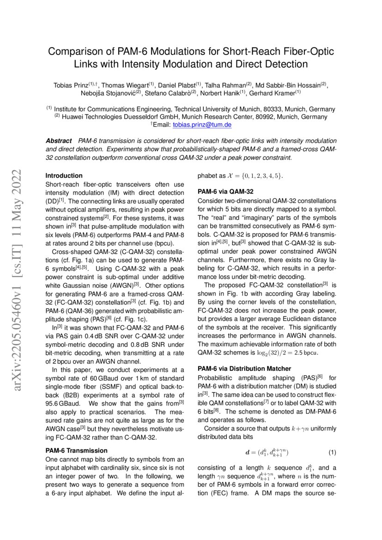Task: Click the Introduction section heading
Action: [x=64, y=176]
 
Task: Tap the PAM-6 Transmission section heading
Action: [x=76, y=450]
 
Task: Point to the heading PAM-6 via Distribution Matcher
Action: [x=244, y=369]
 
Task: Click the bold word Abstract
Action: [x=59, y=140]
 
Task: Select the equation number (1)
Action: [x=332, y=451]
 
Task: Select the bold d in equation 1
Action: [x=247, y=451]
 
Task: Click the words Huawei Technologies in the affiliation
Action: [x=96, y=117]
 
